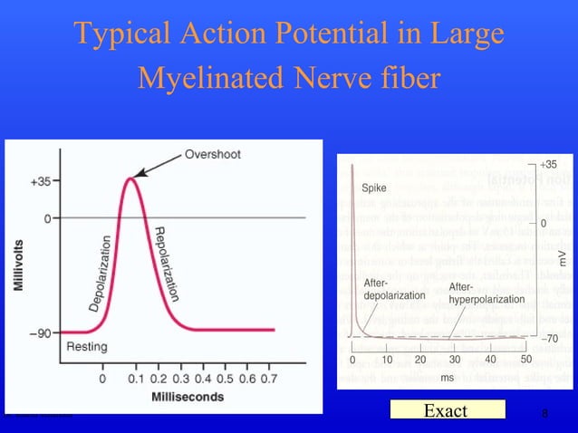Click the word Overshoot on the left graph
[x=213, y=154]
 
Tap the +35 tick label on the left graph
[x=40, y=181]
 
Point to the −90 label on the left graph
[x=39, y=332]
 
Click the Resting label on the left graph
[x=87, y=346]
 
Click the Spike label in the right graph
[x=375, y=189]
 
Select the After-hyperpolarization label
[x=486, y=293]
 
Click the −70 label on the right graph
[x=550, y=338]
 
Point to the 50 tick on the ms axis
[x=525, y=360]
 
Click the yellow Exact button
[x=446, y=411]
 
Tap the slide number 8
[x=544, y=413]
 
